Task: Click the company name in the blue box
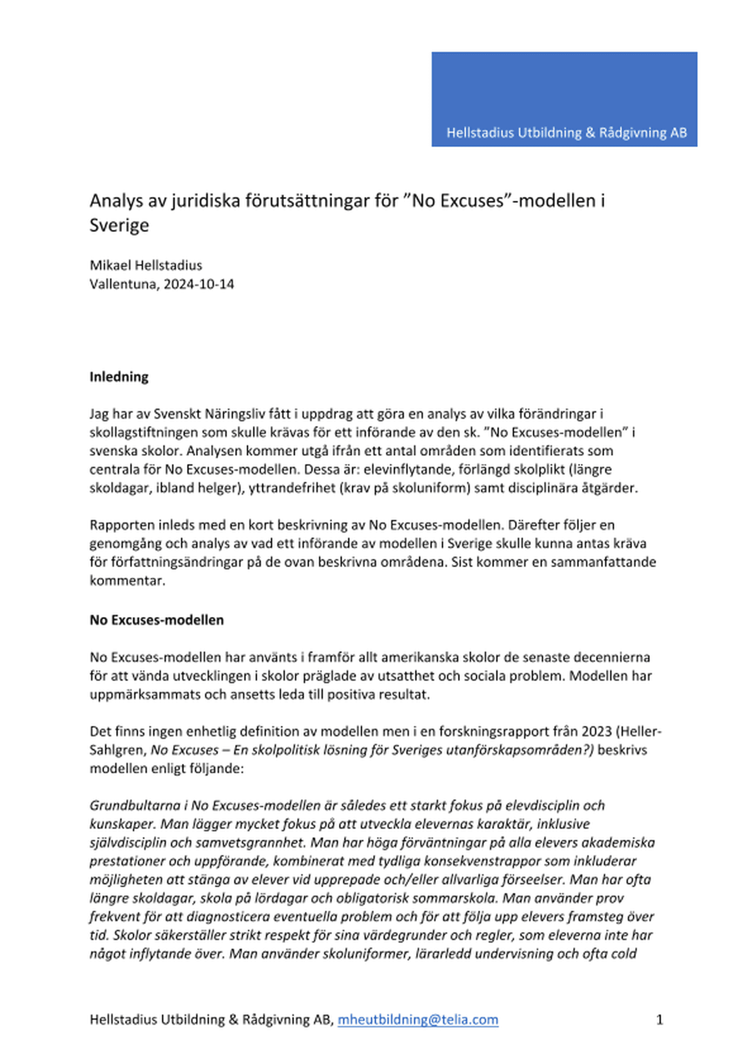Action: [566, 133]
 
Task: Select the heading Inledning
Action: [119, 377]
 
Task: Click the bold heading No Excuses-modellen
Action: [157, 620]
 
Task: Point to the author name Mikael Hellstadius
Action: [146, 265]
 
